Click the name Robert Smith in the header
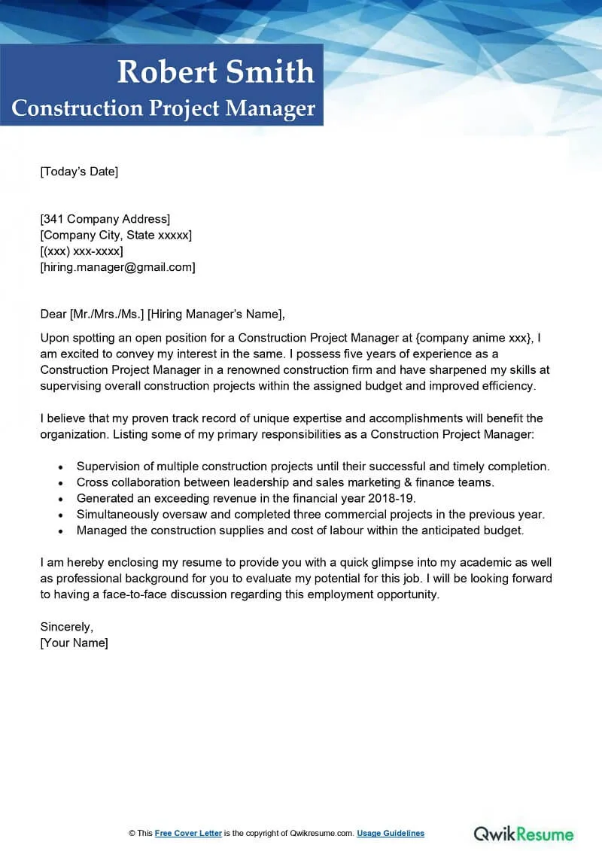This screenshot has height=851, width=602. point(215,72)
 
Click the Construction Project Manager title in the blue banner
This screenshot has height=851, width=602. point(163,108)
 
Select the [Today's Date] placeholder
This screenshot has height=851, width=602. point(79,172)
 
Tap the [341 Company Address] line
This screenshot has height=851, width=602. point(105,219)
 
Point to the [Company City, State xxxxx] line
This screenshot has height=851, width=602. point(116,235)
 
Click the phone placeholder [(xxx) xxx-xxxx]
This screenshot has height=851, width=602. point(81,251)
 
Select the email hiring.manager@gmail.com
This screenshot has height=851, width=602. point(117,267)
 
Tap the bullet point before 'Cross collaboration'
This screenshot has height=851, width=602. point(60,482)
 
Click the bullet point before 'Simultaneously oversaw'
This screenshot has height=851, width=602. point(60,515)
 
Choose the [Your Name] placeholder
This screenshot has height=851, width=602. point(74,643)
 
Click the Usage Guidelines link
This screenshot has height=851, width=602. point(391,833)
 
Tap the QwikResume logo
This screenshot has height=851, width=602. point(523,834)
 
